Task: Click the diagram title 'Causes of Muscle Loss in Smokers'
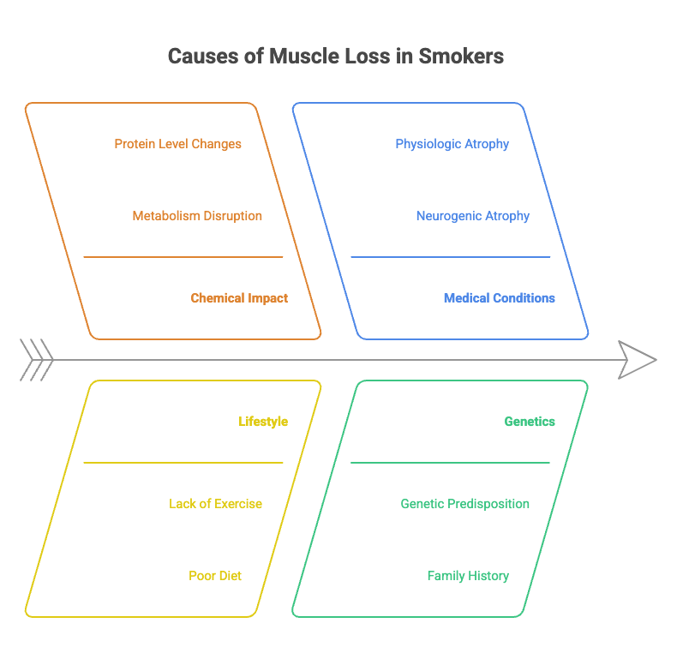(x=335, y=57)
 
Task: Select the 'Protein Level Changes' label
(x=177, y=144)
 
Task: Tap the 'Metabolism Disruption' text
(x=197, y=216)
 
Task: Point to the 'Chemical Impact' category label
(x=239, y=298)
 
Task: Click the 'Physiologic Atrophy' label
(x=452, y=144)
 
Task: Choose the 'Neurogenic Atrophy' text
(x=472, y=216)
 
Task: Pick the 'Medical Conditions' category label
(x=499, y=298)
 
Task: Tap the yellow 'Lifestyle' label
(x=263, y=422)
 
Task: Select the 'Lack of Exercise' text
(x=215, y=504)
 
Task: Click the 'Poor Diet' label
(x=215, y=576)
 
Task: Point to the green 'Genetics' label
(x=529, y=422)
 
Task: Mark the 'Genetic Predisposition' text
(x=464, y=504)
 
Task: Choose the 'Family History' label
(x=468, y=576)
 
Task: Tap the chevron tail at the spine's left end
(x=36, y=359)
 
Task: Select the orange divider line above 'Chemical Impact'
(x=183, y=256)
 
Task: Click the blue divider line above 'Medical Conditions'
(x=450, y=256)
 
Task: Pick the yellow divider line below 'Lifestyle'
(x=183, y=463)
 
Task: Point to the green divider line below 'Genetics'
(x=450, y=463)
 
